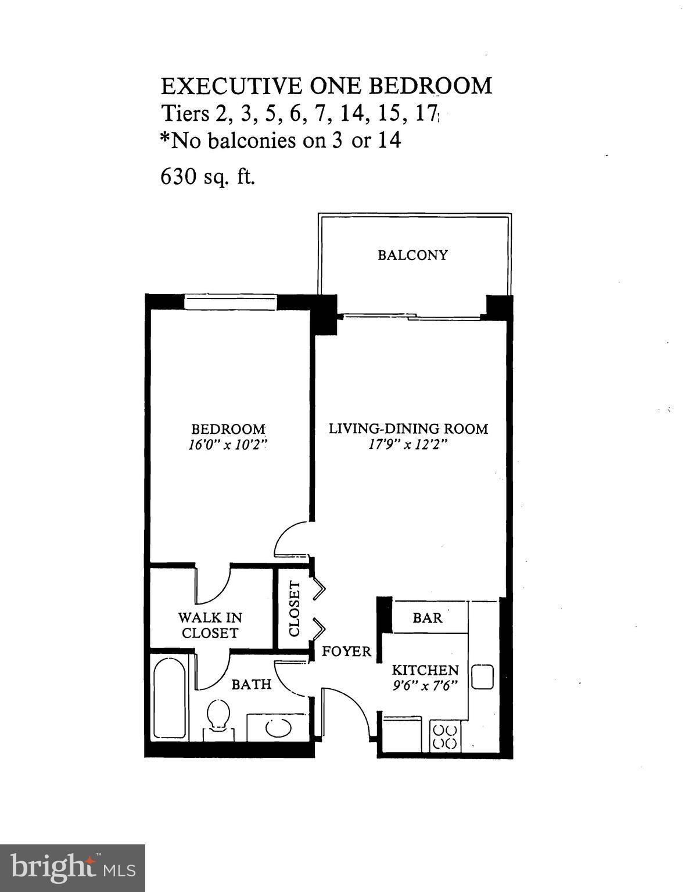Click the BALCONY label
pos(412,255)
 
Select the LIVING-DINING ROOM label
pos(408,429)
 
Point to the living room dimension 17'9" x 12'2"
pos(408,445)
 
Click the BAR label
pos(428,618)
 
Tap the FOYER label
pos(347,652)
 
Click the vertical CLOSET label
pos(294,609)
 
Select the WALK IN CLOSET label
pos(210,625)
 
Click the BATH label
pos(252,684)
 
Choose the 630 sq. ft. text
pos(207,177)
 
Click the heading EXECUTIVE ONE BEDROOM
pos(326,86)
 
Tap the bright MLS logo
pos(73,868)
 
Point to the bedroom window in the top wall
pos(230,302)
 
